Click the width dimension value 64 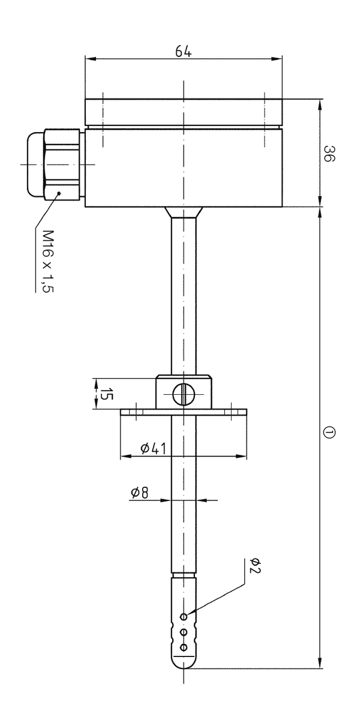(183, 51)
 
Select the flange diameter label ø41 (154, 448)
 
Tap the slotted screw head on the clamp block (184, 394)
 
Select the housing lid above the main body (183, 112)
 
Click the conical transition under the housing (184, 212)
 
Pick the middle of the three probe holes (184, 631)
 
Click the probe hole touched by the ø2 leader (184, 617)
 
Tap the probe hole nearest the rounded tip (184, 646)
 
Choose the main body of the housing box (183, 168)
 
